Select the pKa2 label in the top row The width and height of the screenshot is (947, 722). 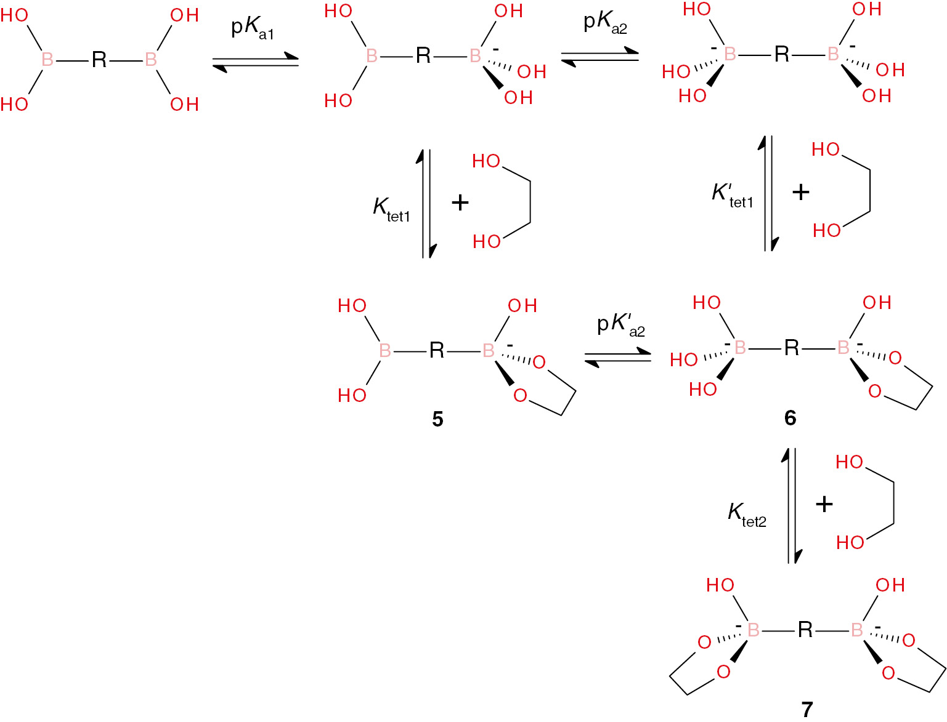point(605,24)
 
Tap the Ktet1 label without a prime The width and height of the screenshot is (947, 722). point(391,211)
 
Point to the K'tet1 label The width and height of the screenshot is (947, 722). point(732,196)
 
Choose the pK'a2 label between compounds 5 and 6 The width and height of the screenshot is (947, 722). point(621,326)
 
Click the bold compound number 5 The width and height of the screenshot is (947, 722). point(437,419)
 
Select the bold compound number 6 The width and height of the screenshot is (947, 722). point(790,418)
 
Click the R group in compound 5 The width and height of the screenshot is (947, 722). point(437,350)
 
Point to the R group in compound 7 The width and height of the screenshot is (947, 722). point(805,630)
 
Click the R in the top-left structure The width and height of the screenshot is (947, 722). point(99,60)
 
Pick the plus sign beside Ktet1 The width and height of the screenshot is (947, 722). point(460,203)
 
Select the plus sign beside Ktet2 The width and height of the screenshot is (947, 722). point(824,504)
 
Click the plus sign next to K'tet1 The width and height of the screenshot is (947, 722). point(801,192)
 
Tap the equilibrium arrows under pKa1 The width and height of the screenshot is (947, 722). point(256,63)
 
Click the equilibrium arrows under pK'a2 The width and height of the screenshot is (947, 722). point(617,358)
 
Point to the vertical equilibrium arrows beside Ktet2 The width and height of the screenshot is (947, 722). point(792,505)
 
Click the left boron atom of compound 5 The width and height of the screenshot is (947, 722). point(385,350)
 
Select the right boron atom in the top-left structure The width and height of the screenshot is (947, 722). point(150,60)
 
